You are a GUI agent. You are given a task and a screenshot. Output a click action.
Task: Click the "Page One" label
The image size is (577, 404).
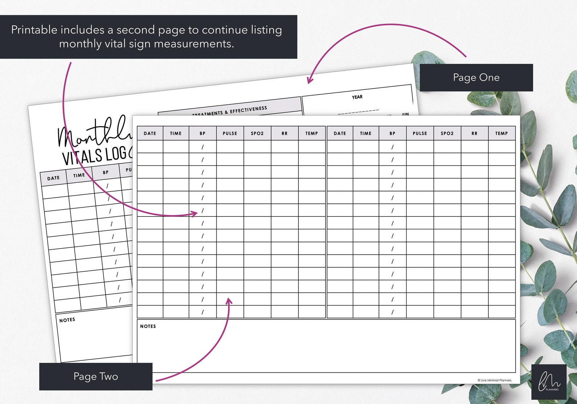tap(476, 77)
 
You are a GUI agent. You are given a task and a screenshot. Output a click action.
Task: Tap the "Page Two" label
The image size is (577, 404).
tap(96, 376)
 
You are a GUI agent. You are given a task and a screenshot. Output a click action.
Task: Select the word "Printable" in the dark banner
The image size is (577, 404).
tap(35, 30)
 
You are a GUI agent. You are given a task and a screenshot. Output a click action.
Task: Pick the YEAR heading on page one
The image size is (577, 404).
tap(357, 97)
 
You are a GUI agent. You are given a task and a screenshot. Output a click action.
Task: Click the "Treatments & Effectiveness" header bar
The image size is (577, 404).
tap(230, 110)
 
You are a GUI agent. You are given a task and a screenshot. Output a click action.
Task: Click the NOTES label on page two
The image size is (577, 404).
tap(148, 326)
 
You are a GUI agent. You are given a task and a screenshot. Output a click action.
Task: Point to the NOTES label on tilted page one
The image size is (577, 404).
tap(67, 320)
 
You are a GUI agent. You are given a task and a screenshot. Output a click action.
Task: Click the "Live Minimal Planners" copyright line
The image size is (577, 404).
tap(495, 380)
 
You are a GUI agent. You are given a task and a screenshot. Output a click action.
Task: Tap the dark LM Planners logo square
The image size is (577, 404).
tap(549, 382)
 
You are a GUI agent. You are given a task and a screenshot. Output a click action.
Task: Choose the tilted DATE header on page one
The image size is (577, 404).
tap(53, 178)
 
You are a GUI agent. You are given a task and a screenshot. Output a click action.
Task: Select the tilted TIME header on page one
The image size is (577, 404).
tap(79, 175)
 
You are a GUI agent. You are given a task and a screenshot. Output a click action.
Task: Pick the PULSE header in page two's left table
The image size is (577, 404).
tap(230, 133)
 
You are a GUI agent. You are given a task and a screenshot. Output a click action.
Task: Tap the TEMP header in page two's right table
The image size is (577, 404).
tap(501, 133)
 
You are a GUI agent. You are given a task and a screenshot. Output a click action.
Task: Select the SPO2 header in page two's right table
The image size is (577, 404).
tap(447, 133)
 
